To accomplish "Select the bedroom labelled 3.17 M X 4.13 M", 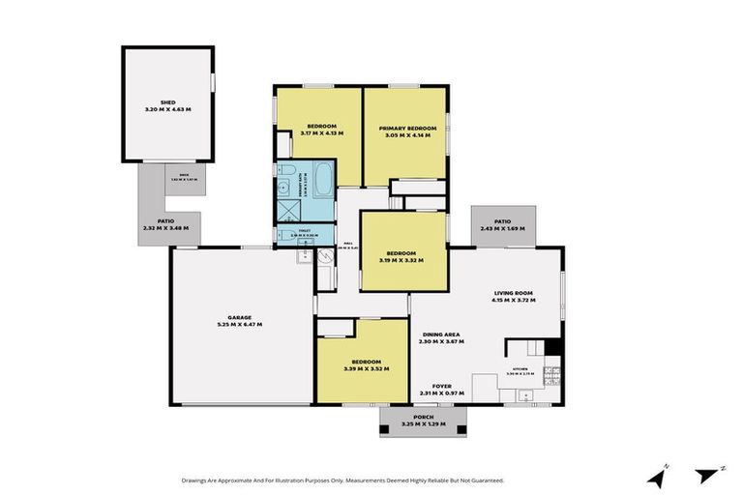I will (320, 129).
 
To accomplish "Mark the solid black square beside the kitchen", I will (552, 346).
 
